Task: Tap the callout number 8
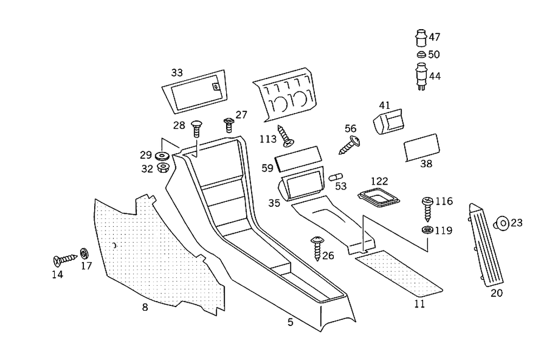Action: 144,307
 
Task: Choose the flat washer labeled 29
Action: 162,156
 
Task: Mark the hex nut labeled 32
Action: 162,167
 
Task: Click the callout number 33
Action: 177,72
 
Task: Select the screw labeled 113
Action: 285,135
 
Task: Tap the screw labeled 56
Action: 350,145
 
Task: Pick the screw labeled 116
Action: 427,208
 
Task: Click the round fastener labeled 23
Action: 502,222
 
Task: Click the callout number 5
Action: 291,322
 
